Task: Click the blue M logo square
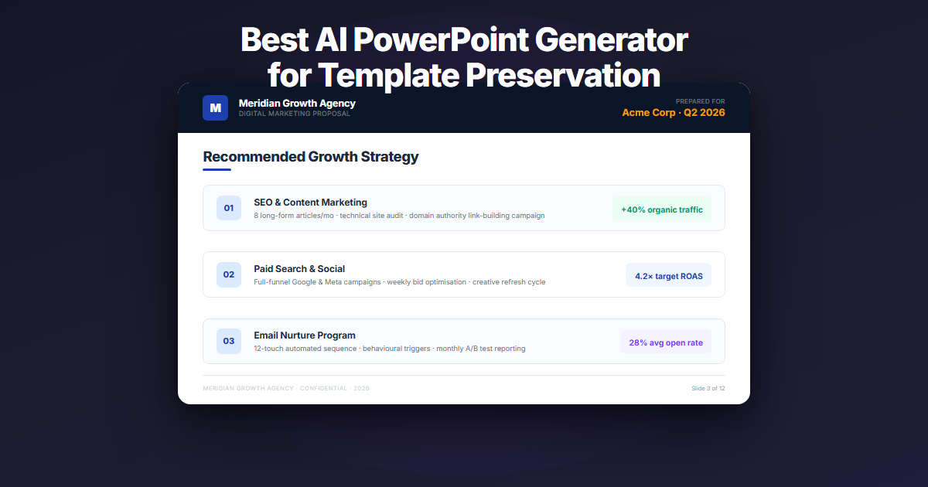coord(215,108)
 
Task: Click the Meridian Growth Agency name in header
coord(297,103)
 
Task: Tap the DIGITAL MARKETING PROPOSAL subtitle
coord(294,114)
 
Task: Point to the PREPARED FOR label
coord(700,101)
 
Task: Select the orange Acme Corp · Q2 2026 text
coord(674,113)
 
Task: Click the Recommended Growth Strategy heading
coord(310,157)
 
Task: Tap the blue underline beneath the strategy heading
coord(217,169)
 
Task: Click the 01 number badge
coord(229,208)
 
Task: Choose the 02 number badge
coord(229,274)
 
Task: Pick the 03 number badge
coord(229,341)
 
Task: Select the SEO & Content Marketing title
coord(310,203)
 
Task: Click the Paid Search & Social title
coord(299,269)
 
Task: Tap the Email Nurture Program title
coord(305,335)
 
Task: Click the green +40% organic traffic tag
coord(661,209)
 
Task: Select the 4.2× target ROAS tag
coord(668,275)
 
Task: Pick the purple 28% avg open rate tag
coord(665,342)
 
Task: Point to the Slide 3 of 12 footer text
coord(708,388)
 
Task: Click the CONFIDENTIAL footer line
coord(285,388)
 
